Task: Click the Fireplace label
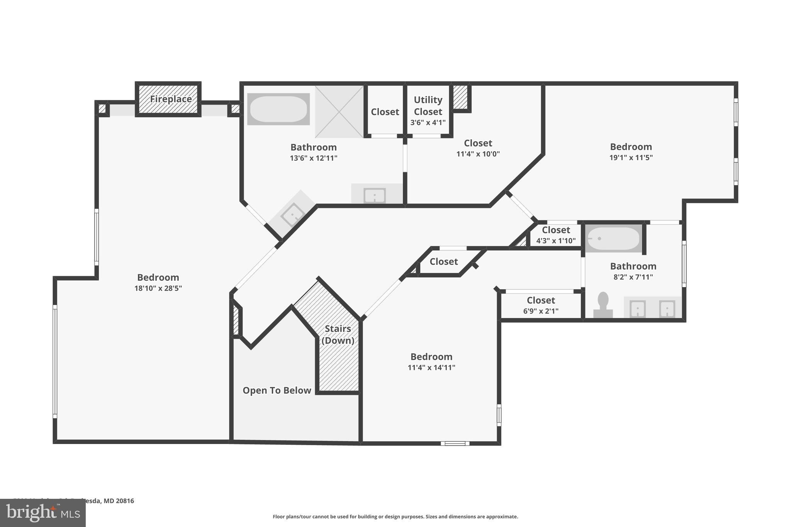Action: click(171, 99)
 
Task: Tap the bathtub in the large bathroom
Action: click(278, 109)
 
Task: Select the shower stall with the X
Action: click(339, 112)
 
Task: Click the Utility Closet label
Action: click(428, 106)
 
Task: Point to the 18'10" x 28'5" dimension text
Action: click(158, 288)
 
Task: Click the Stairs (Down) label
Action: click(338, 334)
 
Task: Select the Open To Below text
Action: click(277, 390)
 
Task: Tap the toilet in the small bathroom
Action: click(603, 305)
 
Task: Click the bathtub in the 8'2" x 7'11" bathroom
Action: click(613, 239)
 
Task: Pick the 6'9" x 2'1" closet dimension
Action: click(541, 311)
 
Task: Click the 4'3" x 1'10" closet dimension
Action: click(556, 241)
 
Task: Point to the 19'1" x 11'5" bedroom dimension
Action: click(631, 158)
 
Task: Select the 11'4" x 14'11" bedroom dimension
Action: click(431, 368)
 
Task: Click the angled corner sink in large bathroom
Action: click(292, 214)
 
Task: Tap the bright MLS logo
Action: click(42, 513)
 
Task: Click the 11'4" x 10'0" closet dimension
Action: click(478, 154)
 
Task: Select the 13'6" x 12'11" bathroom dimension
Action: click(314, 158)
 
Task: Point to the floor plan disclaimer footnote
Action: click(395, 517)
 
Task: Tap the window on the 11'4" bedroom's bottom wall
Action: click(455, 443)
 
